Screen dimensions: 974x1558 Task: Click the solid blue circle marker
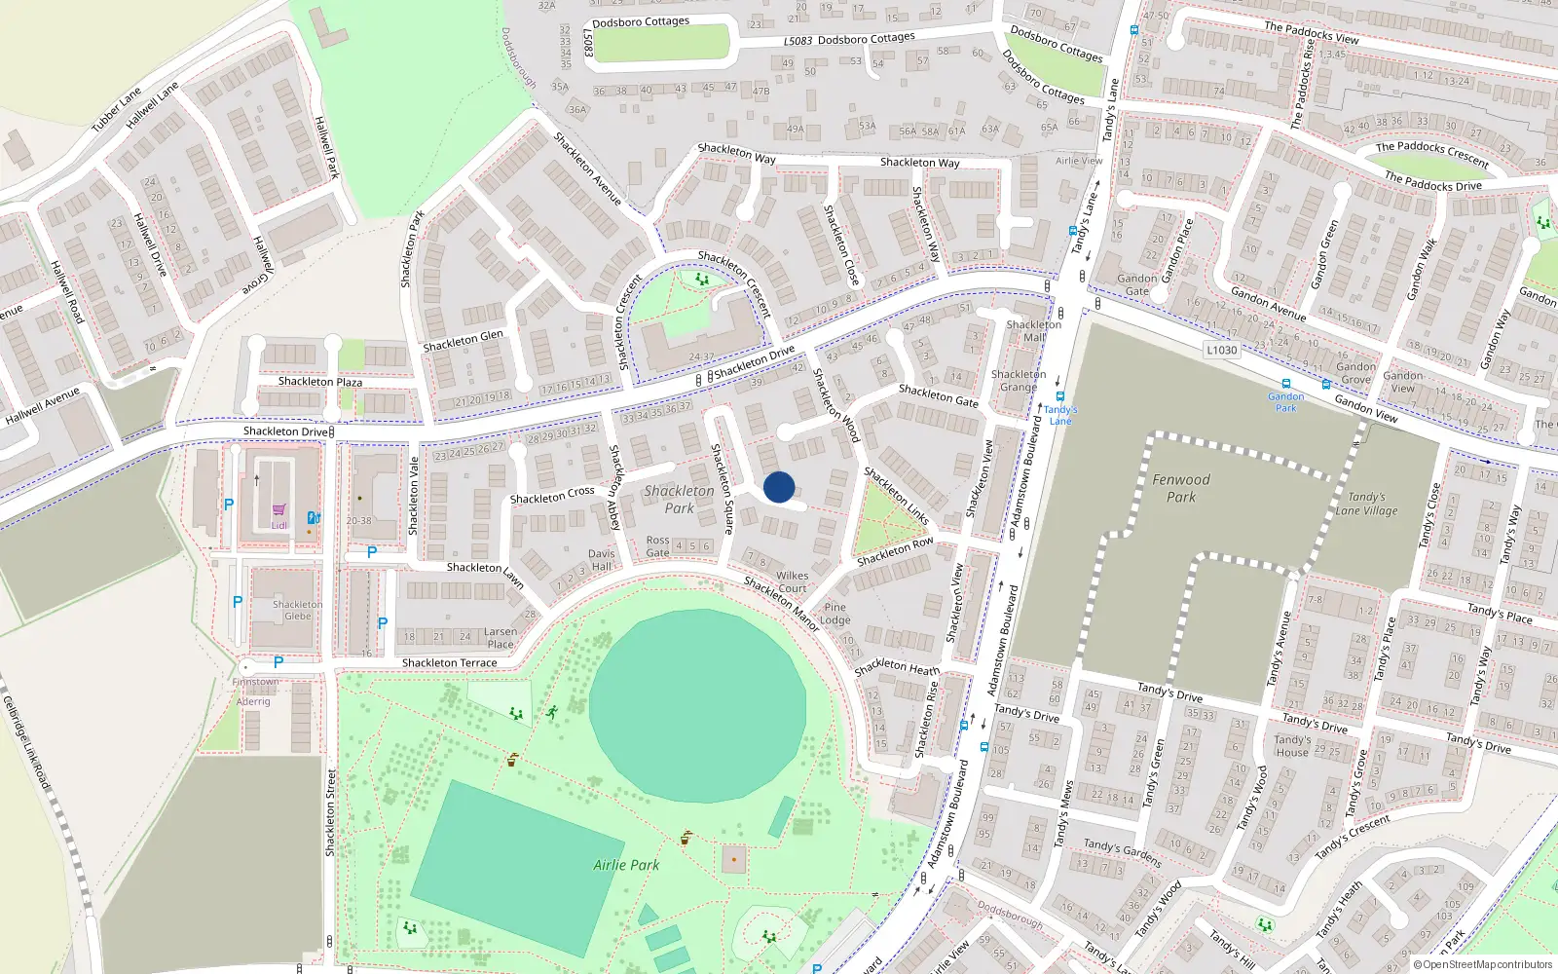pos(779,487)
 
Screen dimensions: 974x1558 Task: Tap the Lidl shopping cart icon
pos(279,509)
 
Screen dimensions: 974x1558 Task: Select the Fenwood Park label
pos(1181,488)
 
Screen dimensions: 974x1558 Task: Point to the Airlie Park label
pos(626,865)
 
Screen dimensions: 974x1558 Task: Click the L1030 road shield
pos(1221,351)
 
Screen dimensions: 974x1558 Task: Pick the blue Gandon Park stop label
pos(1286,402)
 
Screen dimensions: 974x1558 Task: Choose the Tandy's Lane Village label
pos(1366,504)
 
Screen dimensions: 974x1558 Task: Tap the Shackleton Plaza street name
pos(320,382)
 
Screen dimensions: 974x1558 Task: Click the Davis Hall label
pos(602,560)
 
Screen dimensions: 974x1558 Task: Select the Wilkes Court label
pos(793,581)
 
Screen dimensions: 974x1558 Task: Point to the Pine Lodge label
pos(835,614)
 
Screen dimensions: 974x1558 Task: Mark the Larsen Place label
pos(501,638)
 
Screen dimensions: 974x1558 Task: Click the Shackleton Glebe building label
pos(298,610)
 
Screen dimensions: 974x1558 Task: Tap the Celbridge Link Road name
pos(25,742)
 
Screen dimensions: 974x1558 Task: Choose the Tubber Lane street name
pos(117,110)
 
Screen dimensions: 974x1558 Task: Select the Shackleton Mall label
pos(1034,331)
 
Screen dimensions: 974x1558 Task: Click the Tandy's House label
pos(1292,746)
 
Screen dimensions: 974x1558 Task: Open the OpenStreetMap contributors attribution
pos(1488,965)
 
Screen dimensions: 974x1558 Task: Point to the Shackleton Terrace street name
pos(450,663)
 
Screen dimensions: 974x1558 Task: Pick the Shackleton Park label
pos(679,500)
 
